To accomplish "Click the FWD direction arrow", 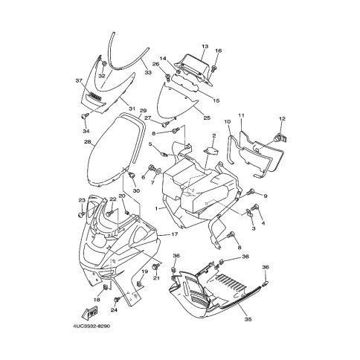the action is click(x=89, y=312).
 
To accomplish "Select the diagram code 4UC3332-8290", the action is click(x=91, y=326).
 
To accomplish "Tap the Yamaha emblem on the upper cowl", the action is click(x=95, y=97).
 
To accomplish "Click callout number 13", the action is click(x=205, y=46).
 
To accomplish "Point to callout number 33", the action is click(x=148, y=72).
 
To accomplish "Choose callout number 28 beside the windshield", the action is click(x=88, y=142).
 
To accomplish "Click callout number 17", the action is click(x=175, y=234).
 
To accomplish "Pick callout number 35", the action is click(x=248, y=319).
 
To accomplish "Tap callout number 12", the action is click(x=282, y=119).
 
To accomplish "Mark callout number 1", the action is click(x=156, y=208).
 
